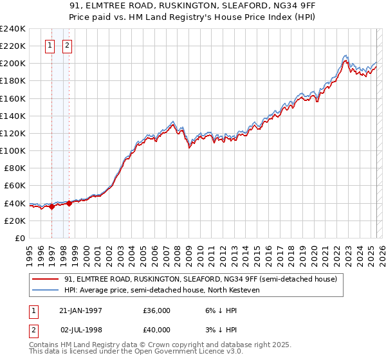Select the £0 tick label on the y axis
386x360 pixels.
tap(20, 238)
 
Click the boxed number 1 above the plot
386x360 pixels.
tap(51, 45)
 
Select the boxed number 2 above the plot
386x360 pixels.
tap(68, 45)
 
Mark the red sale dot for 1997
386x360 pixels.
tap(51, 206)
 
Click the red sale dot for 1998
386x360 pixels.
tap(69, 203)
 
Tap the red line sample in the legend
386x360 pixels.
tap(45, 280)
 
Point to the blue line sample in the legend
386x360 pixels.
tap(45, 290)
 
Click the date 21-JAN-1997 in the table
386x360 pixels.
tap(80, 310)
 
